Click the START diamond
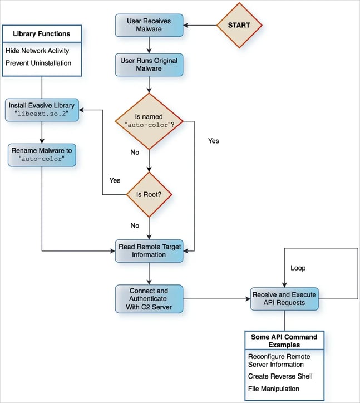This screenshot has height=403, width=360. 239,26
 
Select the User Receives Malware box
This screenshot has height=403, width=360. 149,26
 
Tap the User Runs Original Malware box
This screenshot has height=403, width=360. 149,65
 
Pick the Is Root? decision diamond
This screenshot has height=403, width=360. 149,195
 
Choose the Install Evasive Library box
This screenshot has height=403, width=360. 42,110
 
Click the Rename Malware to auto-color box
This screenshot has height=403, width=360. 42,154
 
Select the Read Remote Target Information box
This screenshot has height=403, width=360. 149,250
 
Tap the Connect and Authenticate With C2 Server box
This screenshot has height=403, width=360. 149,299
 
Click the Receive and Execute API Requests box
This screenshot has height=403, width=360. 284,299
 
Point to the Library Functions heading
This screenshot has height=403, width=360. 42,34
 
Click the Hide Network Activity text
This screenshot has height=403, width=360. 38,50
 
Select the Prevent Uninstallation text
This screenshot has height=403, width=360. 38,63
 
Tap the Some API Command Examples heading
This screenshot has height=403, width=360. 284,341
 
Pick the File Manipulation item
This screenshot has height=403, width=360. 273,389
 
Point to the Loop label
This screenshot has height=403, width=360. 298,268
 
